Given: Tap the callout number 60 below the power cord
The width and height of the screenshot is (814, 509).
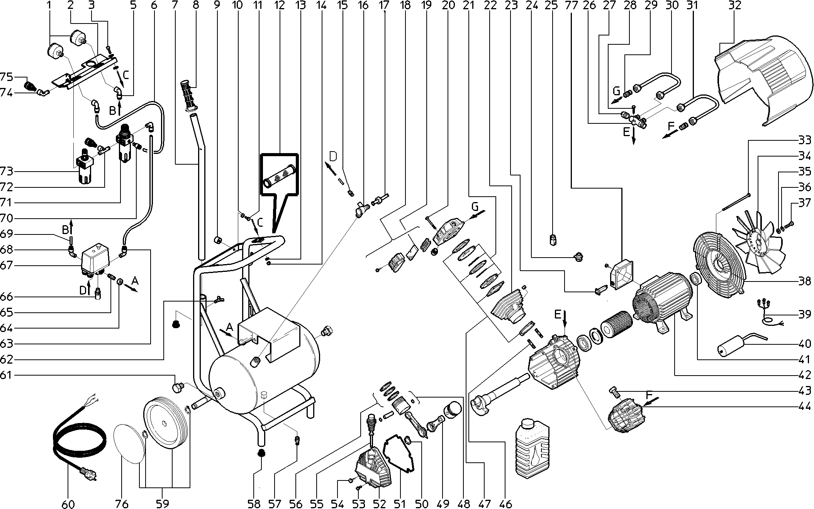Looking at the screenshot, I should [x=68, y=504].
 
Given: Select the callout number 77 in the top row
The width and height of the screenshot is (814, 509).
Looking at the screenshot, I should [x=570, y=5].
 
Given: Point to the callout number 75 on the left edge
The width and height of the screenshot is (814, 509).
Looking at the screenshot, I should [x=7, y=77].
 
